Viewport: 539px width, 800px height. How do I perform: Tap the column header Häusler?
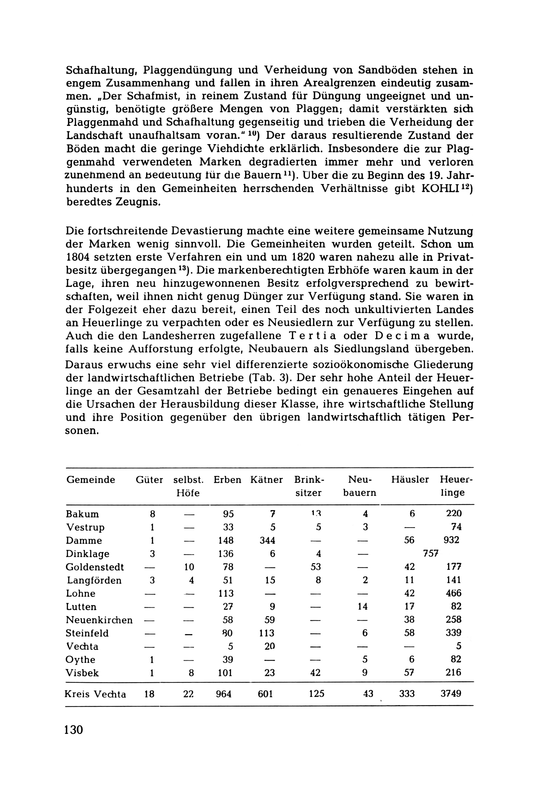410,480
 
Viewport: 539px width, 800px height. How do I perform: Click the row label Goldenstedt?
95,567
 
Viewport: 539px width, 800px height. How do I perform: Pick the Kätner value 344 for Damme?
267,541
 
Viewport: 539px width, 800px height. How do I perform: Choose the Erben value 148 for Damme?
226,541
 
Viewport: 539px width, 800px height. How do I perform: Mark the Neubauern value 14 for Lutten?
362,607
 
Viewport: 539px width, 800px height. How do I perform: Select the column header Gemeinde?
90,480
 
